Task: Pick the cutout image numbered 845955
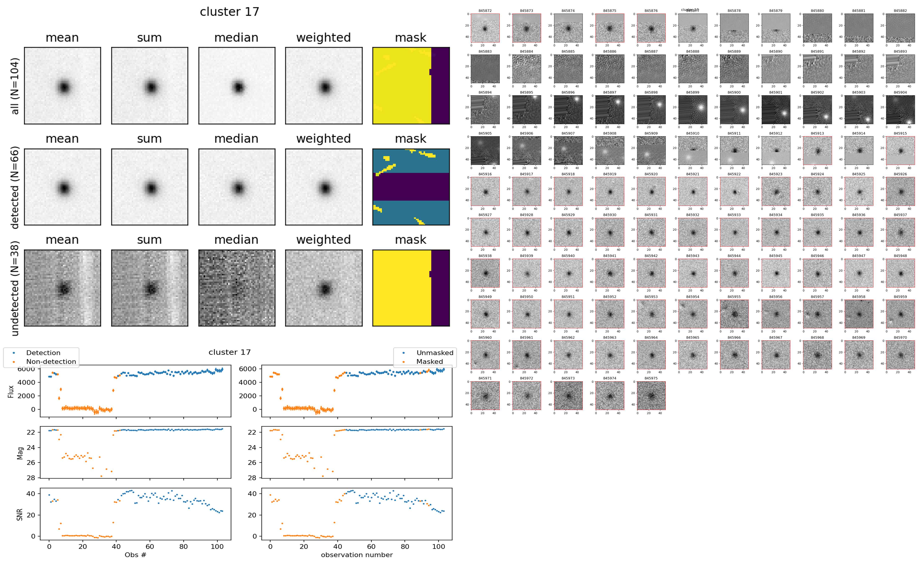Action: (734, 314)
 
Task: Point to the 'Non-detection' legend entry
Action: (51, 361)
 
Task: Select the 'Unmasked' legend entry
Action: (435, 353)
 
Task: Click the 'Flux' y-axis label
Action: (11, 391)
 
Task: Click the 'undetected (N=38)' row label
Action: (15, 288)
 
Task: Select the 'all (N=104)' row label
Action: (15, 86)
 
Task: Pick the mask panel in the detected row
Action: (411, 187)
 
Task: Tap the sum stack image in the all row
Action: (149, 86)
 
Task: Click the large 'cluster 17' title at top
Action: (230, 12)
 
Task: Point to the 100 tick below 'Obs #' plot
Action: (217, 547)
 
